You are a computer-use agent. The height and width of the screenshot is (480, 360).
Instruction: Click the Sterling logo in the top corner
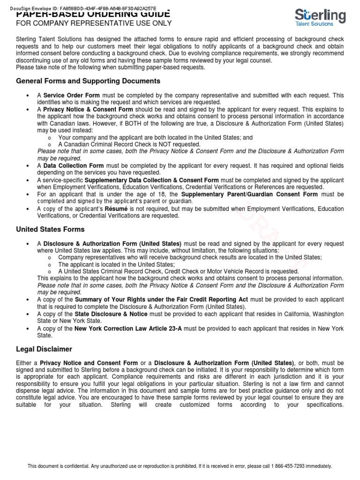coord(321,17)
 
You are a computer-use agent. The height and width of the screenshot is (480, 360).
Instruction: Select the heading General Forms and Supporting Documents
coord(88,81)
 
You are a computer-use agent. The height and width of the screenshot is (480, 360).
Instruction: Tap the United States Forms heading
coord(50,229)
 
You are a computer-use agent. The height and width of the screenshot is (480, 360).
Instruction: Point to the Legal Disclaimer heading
coord(45,349)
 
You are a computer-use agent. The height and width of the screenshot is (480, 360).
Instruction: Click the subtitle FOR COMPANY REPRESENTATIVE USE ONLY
coord(94,23)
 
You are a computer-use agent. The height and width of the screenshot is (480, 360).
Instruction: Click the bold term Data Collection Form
coord(74,166)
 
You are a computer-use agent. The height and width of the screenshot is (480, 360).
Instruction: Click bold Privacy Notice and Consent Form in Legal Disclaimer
coord(89,363)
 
